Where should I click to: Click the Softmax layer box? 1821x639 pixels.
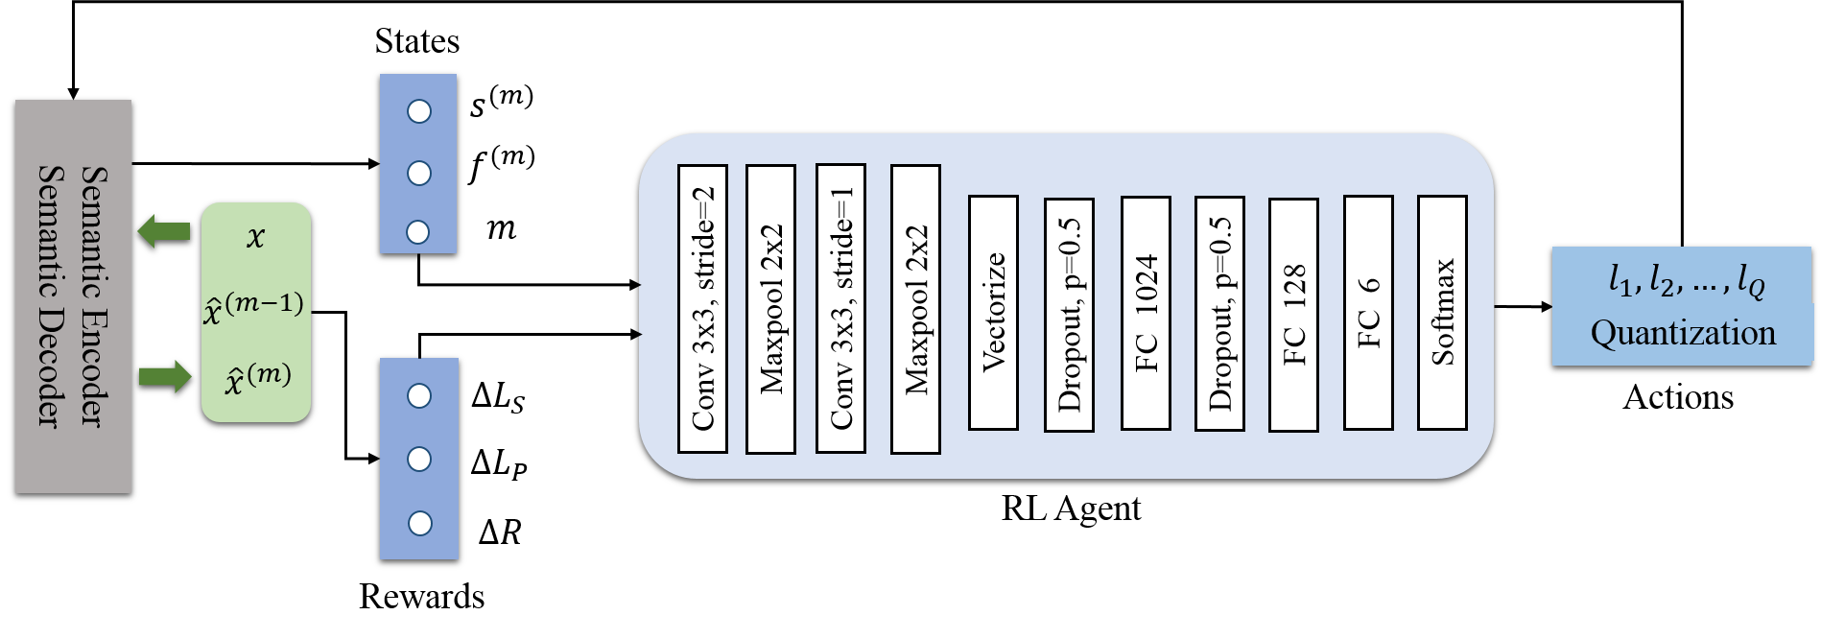(1442, 313)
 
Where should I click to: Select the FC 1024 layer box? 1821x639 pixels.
(1146, 313)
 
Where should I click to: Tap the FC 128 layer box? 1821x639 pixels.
(1293, 315)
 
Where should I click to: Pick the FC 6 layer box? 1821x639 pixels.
(1368, 313)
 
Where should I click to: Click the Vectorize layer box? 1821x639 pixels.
(993, 313)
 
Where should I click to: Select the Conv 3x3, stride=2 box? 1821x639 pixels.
(702, 308)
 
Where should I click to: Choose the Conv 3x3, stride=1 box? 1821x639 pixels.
(840, 308)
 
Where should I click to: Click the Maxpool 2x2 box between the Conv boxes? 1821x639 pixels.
(770, 309)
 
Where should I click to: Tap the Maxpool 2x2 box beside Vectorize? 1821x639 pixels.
(915, 309)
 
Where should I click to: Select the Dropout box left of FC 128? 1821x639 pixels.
(1219, 313)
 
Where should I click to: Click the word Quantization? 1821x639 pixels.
(1683, 333)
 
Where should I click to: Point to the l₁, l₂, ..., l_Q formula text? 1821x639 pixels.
(1686, 280)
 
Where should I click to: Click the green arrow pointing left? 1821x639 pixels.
(163, 231)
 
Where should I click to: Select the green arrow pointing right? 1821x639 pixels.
(165, 375)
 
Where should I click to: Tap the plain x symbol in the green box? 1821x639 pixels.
(255, 237)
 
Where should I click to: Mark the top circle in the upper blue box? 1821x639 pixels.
(419, 111)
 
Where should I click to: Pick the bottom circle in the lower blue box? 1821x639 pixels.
(419, 523)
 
